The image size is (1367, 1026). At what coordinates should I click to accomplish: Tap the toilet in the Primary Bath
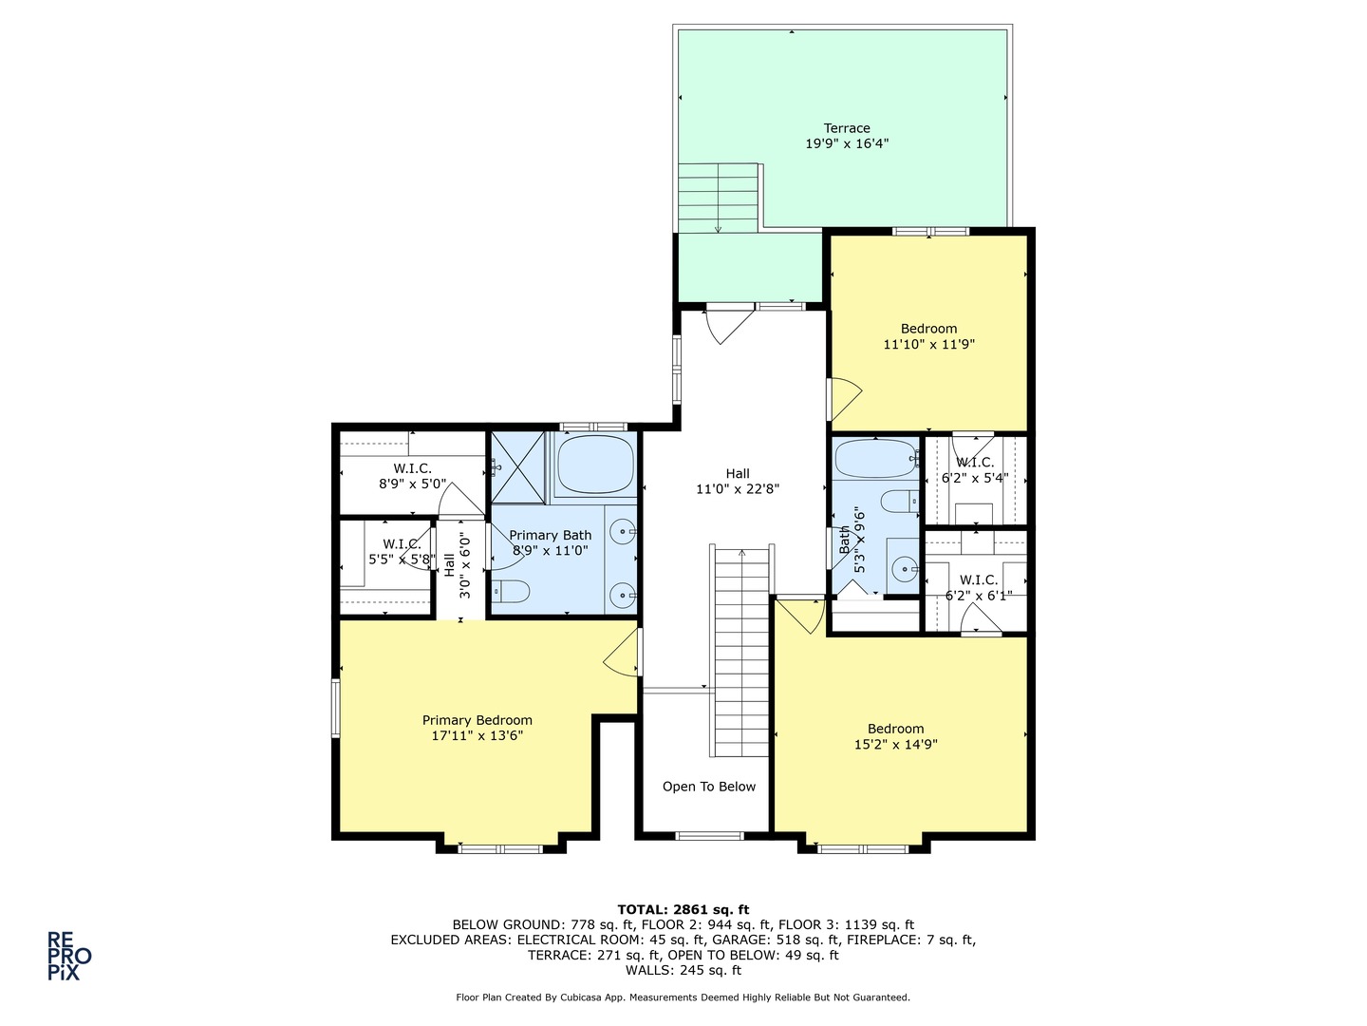pos(511,591)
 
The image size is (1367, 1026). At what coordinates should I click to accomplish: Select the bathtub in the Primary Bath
pos(595,464)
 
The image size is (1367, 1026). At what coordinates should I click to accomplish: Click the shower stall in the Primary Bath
pos(518,467)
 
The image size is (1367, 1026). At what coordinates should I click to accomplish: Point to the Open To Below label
pos(709,787)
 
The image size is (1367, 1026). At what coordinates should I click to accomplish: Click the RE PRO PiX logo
pos(69,957)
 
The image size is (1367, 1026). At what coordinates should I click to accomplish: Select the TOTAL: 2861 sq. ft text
pos(683,909)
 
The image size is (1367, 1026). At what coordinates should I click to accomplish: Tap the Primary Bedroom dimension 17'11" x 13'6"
pos(478,735)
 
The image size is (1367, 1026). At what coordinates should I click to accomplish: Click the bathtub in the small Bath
pos(875,459)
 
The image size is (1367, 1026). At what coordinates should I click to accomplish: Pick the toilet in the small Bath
pos(899,501)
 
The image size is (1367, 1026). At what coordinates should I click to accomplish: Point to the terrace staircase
pos(718,199)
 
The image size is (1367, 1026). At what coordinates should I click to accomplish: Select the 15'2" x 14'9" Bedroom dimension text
pos(895,745)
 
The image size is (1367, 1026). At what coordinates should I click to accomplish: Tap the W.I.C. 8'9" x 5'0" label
pos(412,476)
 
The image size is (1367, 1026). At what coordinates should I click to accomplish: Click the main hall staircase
pos(741,652)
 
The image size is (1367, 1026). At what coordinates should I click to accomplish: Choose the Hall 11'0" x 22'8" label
pos(738,482)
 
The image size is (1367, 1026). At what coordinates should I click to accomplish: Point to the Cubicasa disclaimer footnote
pos(683,997)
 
